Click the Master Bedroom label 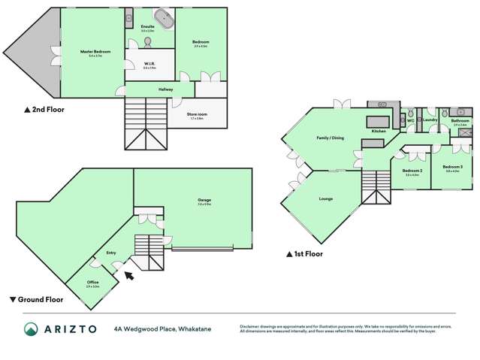pyautogui.click(x=95, y=51)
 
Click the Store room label pyautogui.click(x=197, y=113)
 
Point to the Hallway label pyautogui.click(x=166, y=89)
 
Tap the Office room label pyautogui.click(x=92, y=282)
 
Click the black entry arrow pyautogui.click(x=128, y=275)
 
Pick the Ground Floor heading pyautogui.click(x=37, y=300)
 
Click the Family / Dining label pyautogui.click(x=331, y=138)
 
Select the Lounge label pyautogui.click(x=325, y=198)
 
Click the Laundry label pyautogui.click(x=430, y=119)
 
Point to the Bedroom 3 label pyautogui.click(x=452, y=166)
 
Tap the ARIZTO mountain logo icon pyautogui.click(x=32, y=329)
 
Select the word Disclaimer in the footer pyautogui.click(x=251, y=326)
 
